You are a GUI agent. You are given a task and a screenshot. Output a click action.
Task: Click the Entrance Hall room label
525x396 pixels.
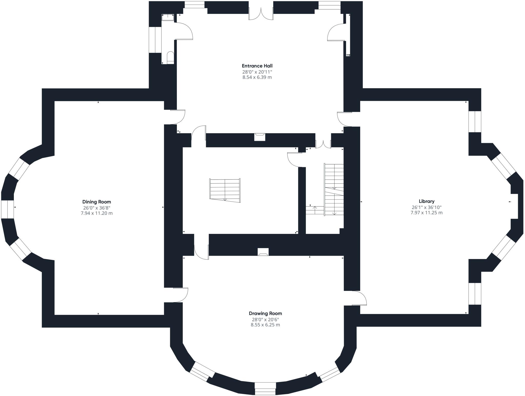(x=257, y=66)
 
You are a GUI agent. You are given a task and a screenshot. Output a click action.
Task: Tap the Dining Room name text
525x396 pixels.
(x=97, y=202)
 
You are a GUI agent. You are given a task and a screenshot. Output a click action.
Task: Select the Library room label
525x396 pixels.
(x=427, y=201)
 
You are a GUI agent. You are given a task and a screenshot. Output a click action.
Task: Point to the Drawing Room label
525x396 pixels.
(x=265, y=313)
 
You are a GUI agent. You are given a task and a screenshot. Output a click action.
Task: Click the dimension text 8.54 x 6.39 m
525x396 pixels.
(x=257, y=77)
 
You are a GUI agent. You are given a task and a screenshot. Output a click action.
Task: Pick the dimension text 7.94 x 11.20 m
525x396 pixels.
(x=97, y=213)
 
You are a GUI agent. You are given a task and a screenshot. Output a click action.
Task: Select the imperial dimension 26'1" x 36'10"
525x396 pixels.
(x=427, y=207)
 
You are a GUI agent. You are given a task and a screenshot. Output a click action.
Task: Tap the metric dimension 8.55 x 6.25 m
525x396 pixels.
(x=265, y=325)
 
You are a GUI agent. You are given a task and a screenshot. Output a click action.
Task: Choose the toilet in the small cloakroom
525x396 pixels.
(x=170, y=58)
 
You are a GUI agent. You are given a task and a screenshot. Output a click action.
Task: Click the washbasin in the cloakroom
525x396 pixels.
(x=168, y=17)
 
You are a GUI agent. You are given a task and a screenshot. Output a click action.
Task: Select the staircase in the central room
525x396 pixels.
(x=225, y=190)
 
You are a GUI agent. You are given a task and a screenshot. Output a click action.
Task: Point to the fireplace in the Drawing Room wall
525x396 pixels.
(x=263, y=252)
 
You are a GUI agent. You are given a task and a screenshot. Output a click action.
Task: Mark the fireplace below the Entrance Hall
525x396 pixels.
(x=260, y=137)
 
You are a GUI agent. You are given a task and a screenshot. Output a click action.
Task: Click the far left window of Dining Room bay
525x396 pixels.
(x=7, y=209)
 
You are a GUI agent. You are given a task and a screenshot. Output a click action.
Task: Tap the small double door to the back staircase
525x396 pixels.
(x=323, y=144)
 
